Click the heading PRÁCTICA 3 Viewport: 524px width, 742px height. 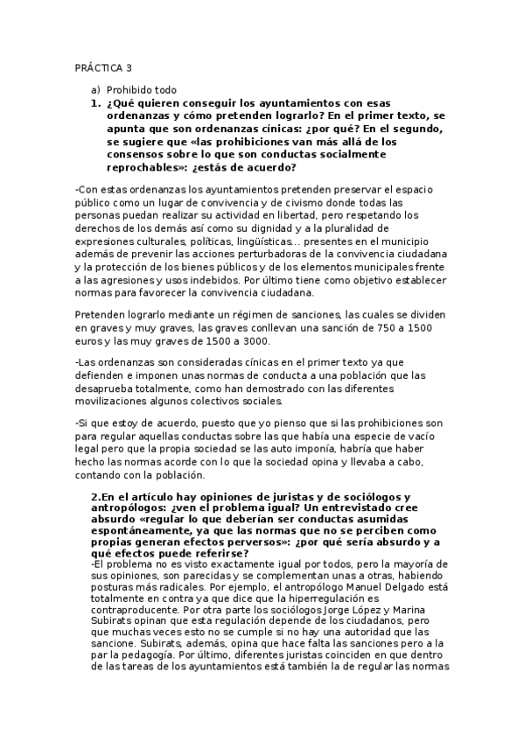coord(104,68)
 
